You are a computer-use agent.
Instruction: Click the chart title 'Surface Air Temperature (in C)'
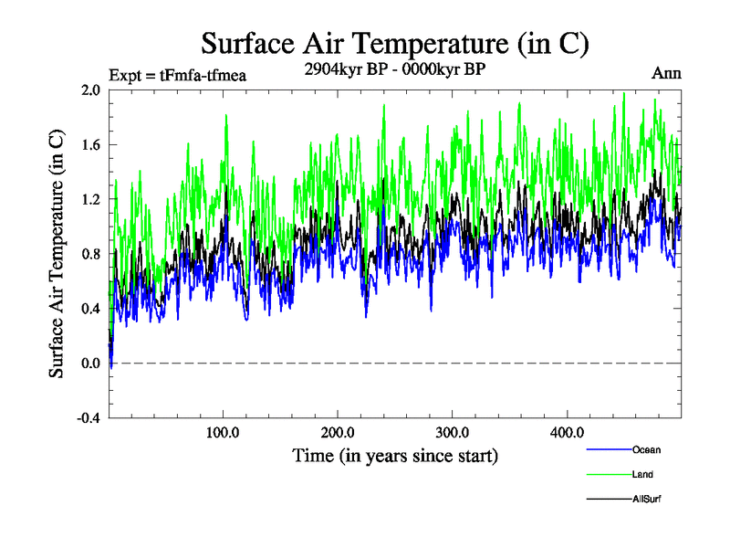[x=394, y=43]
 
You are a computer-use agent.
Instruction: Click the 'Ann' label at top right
[x=666, y=73]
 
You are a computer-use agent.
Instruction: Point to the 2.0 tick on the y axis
[x=90, y=90]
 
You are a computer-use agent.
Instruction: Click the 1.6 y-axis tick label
[x=90, y=145]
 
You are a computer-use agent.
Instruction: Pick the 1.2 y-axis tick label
[x=90, y=199]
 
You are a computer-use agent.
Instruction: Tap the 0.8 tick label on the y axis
[x=90, y=254]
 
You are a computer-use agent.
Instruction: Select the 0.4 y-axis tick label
[x=90, y=309]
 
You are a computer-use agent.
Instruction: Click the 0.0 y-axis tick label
[x=90, y=364]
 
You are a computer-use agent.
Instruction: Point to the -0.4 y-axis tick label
[x=89, y=418]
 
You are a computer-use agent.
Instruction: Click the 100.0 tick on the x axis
[x=224, y=432]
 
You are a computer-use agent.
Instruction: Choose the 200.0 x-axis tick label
[x=338, y=432]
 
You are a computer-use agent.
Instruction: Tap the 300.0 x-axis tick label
[x=453, y=432]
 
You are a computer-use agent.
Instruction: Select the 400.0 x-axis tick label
[x=567, y=432]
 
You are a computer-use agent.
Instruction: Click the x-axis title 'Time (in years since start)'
[x=394, y=454]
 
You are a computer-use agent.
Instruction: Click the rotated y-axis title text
[x=57, y=254]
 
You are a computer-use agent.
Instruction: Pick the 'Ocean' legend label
[x=646, y=449]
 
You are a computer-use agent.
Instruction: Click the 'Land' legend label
[x=642, y=474]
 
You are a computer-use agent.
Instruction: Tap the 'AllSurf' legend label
[x=646, y=499]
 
